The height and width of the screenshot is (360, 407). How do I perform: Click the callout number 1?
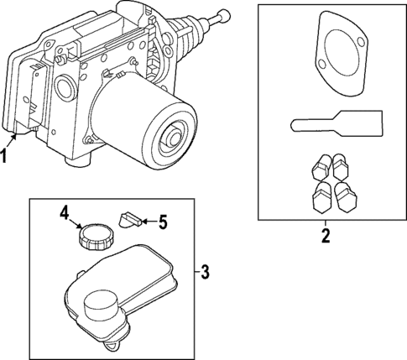pos(3,156)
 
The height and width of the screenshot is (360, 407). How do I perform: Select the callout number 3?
pos(205,272)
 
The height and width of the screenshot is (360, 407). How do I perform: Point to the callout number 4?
pos(65,214)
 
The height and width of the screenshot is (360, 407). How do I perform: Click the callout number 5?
pos(162,222)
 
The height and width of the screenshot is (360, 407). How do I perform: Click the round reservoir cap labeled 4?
pos(96,237)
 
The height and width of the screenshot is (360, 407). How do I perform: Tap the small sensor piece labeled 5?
pos(131,220)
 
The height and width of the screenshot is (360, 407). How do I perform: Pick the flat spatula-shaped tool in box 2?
pos(337,124)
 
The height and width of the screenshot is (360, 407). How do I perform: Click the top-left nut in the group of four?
pos(321,167)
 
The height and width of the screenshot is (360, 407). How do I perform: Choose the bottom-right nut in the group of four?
pos(346,196)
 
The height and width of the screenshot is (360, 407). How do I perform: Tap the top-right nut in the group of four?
pos(340,167)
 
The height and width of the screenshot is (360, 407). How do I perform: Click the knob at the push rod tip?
pos(224,15)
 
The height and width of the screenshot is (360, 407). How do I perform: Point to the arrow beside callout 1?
pos(12,140)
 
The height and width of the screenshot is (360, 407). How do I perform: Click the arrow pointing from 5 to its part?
pos(149,222)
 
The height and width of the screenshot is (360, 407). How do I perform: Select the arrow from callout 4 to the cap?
pos(76,223)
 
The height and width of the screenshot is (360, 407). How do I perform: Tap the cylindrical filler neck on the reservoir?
pos(101,305)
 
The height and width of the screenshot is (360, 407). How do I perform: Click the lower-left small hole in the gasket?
pos(322,65)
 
